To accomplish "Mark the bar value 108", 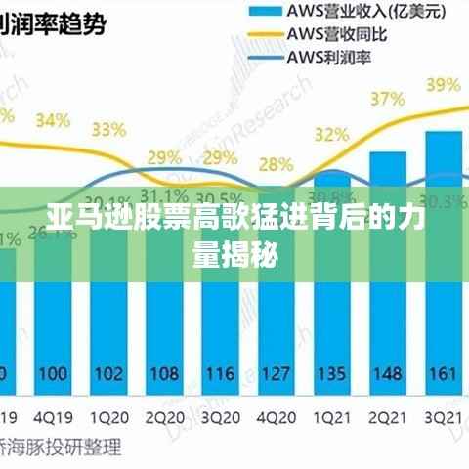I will (164, 373).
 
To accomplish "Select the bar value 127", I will (277, 373).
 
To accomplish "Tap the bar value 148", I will (388, 373).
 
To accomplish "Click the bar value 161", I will (443, 373).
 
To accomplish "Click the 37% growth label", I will (387, 99).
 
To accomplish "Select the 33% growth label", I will (108, 129).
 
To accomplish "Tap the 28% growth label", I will (277, 164).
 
